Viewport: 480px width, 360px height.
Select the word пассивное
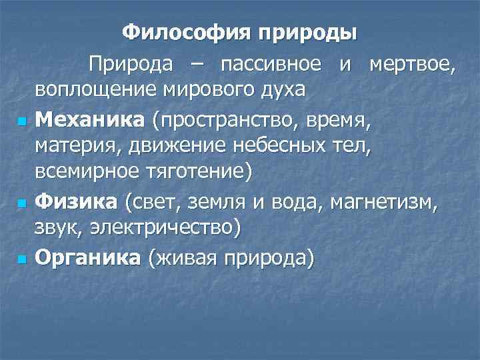(272, 65)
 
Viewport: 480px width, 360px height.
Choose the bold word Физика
(77, 199)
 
